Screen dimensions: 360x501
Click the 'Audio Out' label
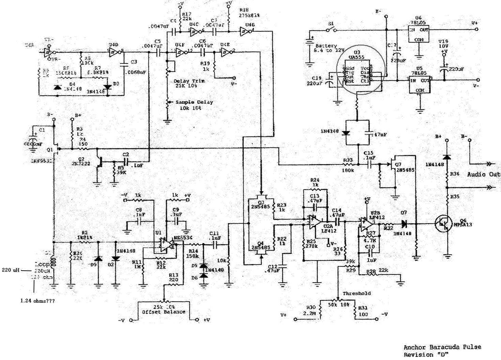click(483, 174)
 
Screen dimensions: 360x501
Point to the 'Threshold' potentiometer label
click(356, 293)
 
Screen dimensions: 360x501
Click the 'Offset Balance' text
click(164, 312)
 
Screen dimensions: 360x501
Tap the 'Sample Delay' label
click(194, 102)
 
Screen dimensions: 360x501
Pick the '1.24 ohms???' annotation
click(37, 301)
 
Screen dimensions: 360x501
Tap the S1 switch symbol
click(331, 30)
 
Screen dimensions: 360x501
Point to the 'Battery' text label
click(326, 45)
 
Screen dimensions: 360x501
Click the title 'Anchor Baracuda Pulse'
click(442, 347)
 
